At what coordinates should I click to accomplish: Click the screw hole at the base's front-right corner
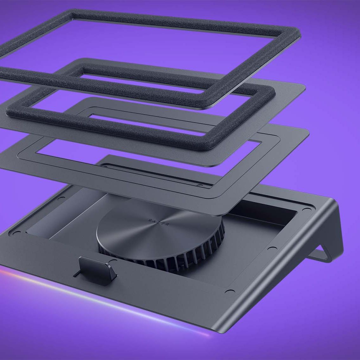point(231,291)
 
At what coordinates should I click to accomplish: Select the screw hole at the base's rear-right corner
point(305,210)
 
